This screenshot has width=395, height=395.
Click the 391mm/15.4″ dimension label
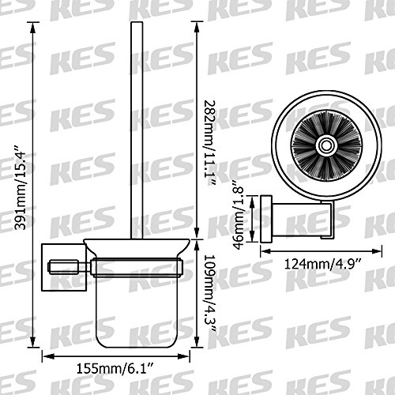(x=21, y=187)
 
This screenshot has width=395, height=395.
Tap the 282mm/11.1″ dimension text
(x=210, y=143)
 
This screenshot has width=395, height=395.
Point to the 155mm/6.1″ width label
(x=115, y=368)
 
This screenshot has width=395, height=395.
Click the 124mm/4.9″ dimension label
(x=323, y=264)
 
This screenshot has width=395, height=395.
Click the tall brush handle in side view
(x=137, y=130)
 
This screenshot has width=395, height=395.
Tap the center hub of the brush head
(x=327, y=145)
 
